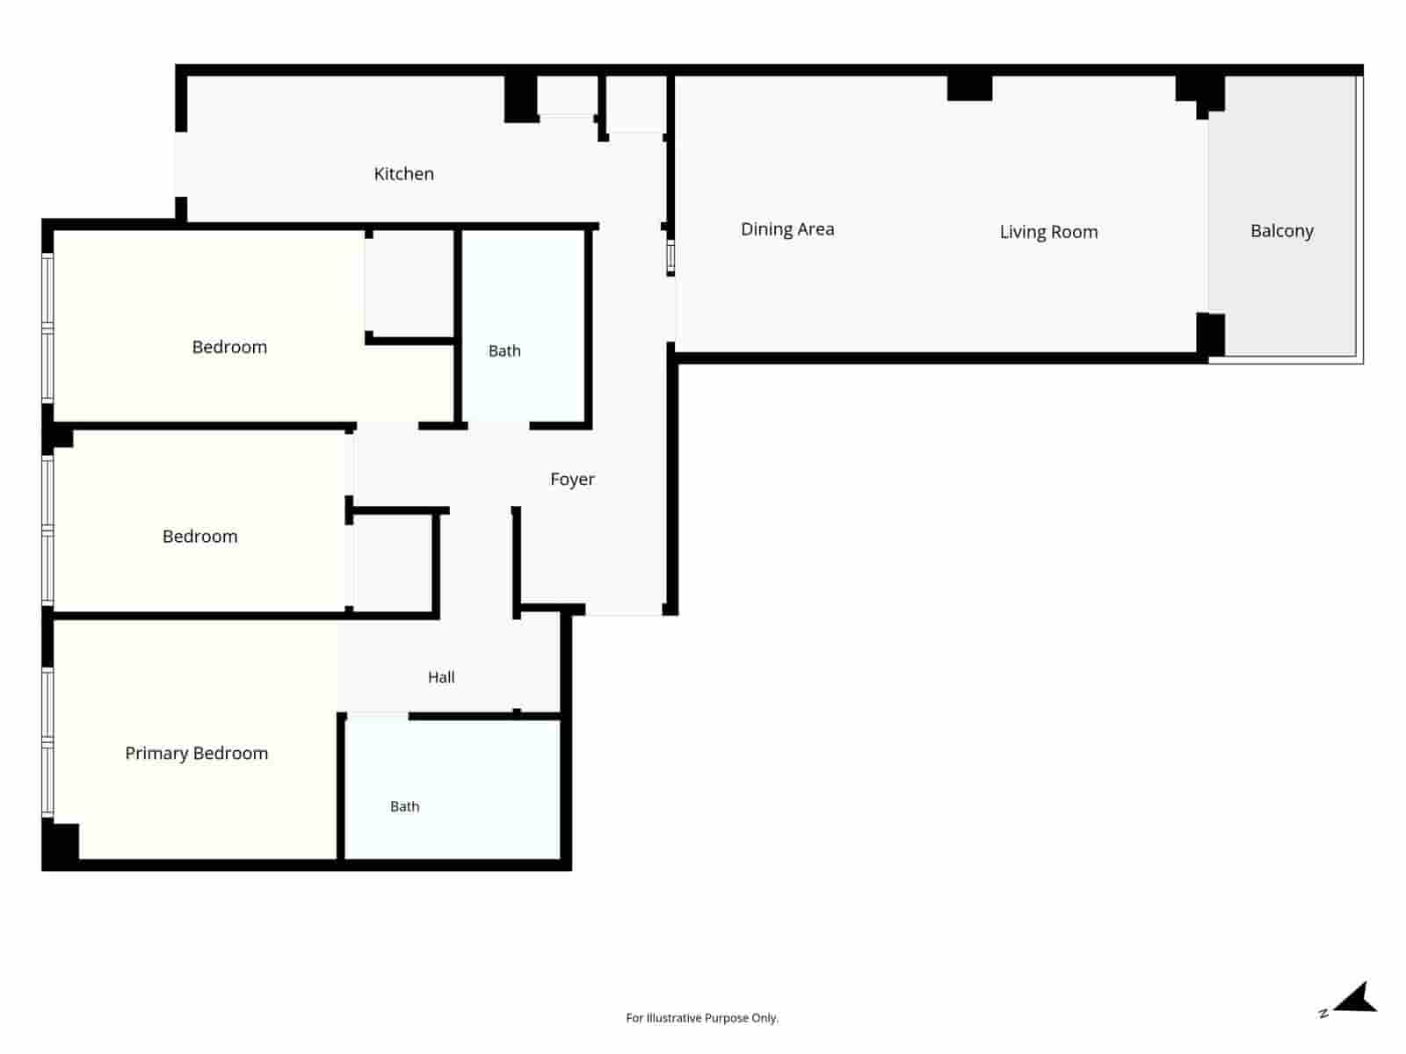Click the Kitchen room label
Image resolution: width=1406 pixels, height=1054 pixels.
[x=403, y=173]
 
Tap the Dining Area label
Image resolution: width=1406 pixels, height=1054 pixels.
[x=787, y=229]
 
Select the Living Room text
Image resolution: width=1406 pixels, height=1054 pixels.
[x=1048, y=232]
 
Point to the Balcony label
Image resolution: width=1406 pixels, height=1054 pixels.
[x=1282, y=230]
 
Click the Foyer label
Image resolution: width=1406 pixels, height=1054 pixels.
[x=572, y=479]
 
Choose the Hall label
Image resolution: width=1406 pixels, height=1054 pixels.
[x=441, y=677]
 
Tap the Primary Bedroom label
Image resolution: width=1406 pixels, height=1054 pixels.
[x=196, y=754]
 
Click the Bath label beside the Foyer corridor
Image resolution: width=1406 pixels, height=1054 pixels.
[x=504, y=350]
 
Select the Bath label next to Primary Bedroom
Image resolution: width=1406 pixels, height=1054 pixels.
[x=404, y=806]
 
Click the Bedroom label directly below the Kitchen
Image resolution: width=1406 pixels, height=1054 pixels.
[x=229, y=347]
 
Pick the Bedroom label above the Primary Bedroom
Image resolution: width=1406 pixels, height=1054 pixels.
[x=199, y=537]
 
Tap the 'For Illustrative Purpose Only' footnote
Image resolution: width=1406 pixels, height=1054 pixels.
[x=702, y=1017]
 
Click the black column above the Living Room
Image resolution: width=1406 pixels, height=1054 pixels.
[x=969, y=89]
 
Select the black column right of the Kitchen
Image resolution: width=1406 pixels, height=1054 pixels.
[x=520, y=98]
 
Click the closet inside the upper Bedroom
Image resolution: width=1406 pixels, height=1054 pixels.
[x=409, y=284]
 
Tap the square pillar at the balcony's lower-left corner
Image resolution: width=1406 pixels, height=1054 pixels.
[x=1210, y=334]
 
